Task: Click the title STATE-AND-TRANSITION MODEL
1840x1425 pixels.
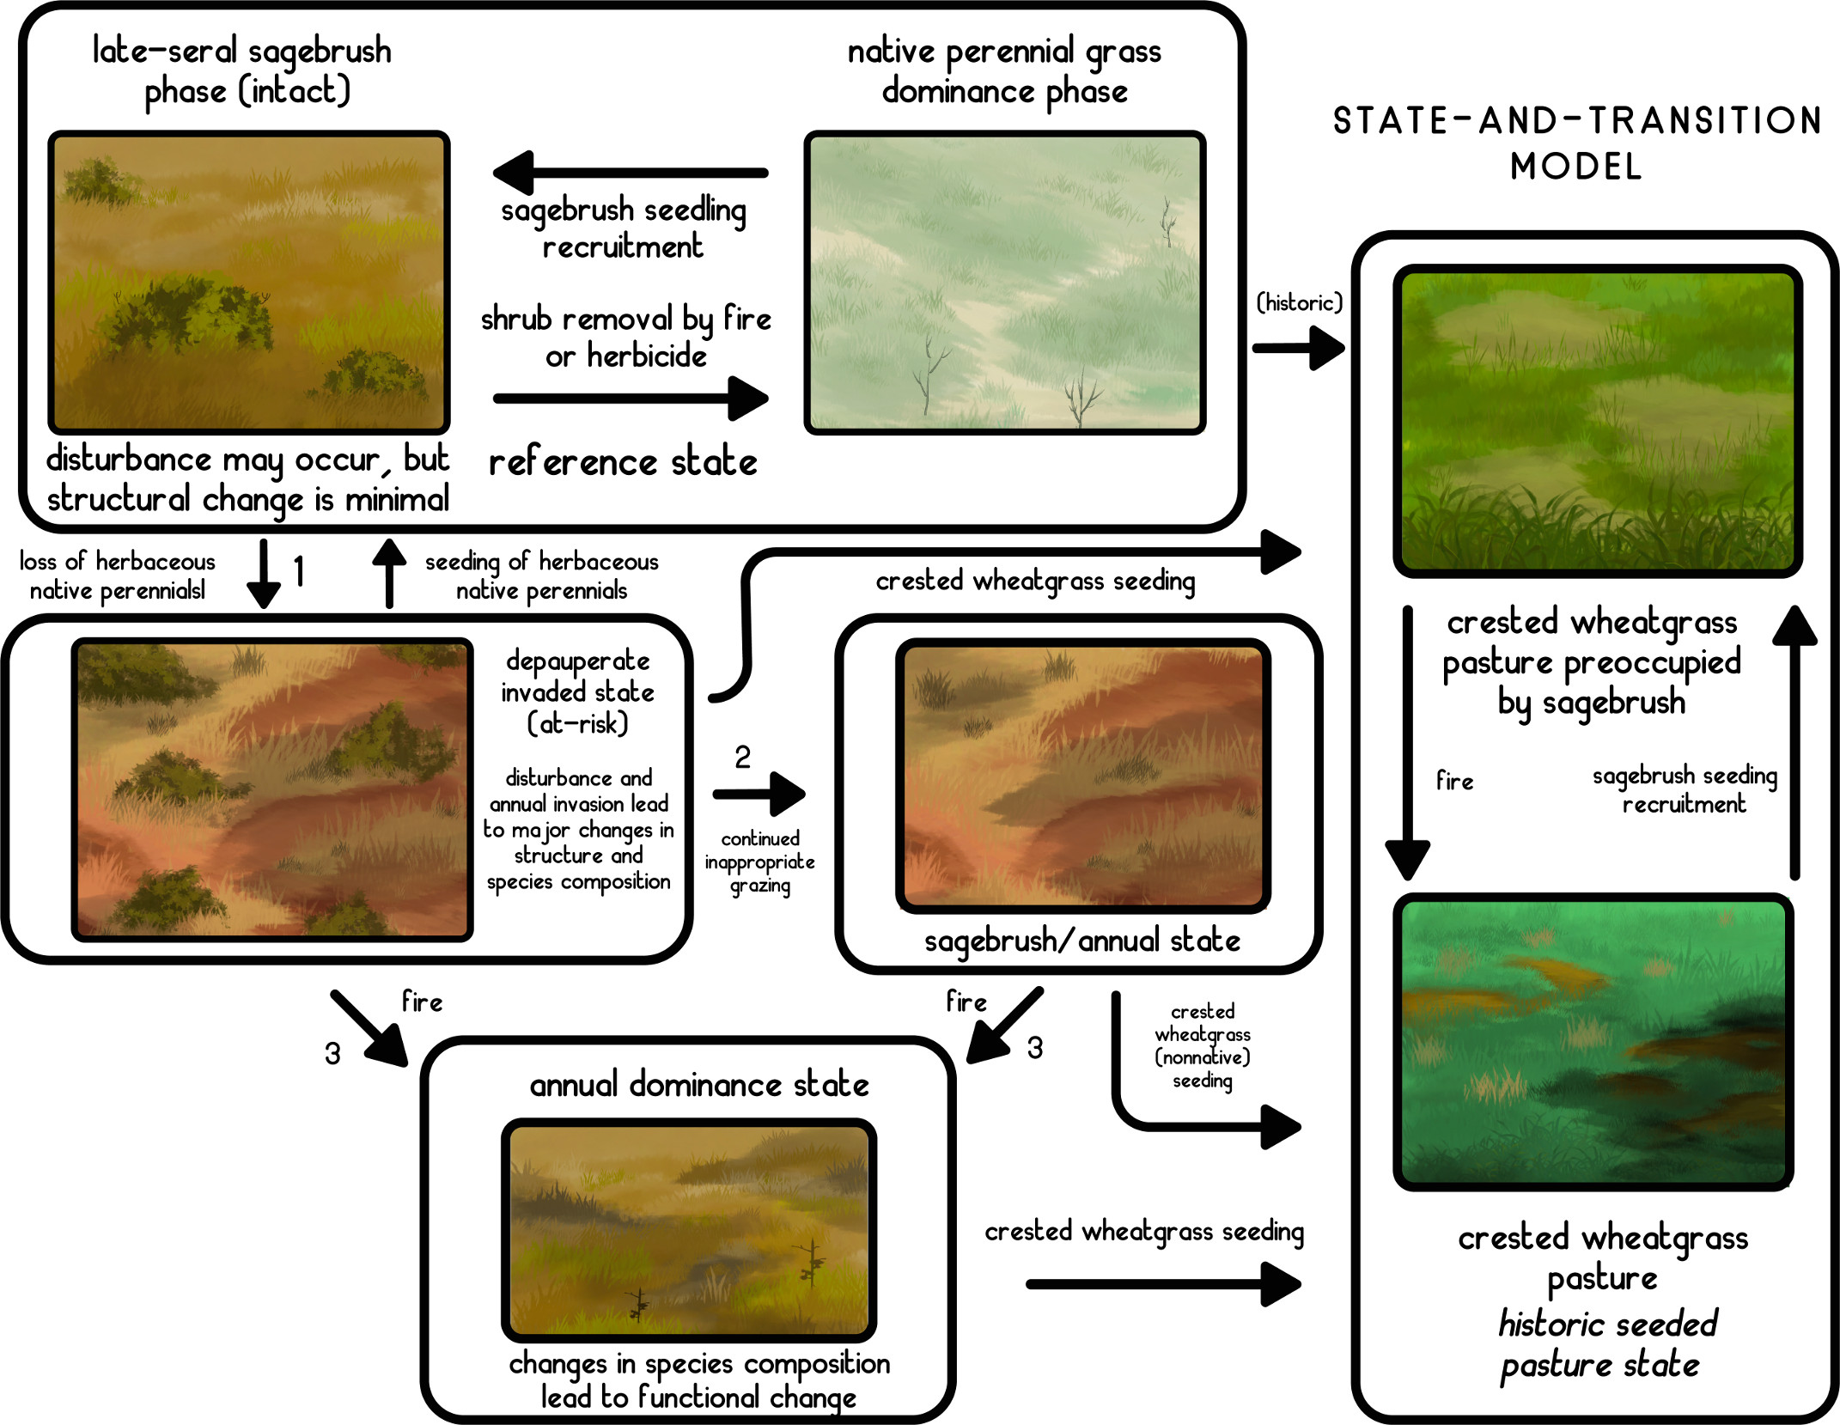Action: (x=1577, y=143)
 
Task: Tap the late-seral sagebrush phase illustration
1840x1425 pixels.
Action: (x=249, y=283)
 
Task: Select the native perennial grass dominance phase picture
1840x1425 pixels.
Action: (x=1005, y=283)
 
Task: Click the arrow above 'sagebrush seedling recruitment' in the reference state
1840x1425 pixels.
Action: (x=631, y=173)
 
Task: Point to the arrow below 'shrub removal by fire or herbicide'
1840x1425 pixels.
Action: (x=631, y=398)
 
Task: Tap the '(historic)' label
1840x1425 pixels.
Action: (x=1299, y=302)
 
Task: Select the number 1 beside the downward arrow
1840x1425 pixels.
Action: (x=299, y=570)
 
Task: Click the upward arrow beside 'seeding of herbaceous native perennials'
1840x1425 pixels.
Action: (x=389, y=574)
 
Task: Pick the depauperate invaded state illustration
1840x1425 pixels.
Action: (x=272, y=789)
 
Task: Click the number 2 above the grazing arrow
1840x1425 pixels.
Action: (x=743, y=757)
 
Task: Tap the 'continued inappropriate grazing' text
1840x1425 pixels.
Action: (x=760, y=862)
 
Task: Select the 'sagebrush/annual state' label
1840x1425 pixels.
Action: (x=1082, y=941)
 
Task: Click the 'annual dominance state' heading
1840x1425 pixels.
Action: (x=699, y=1085)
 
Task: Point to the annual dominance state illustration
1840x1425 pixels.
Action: (x=689, y=1230)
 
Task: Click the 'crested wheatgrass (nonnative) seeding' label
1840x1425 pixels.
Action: (x=1203, y=1046)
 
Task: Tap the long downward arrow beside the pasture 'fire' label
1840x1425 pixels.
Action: (x=1408, y=743)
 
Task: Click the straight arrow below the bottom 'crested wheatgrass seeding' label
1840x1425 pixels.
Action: (x=1164, y=1284)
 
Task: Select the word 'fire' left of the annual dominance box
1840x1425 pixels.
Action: (x=422, y=1002)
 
